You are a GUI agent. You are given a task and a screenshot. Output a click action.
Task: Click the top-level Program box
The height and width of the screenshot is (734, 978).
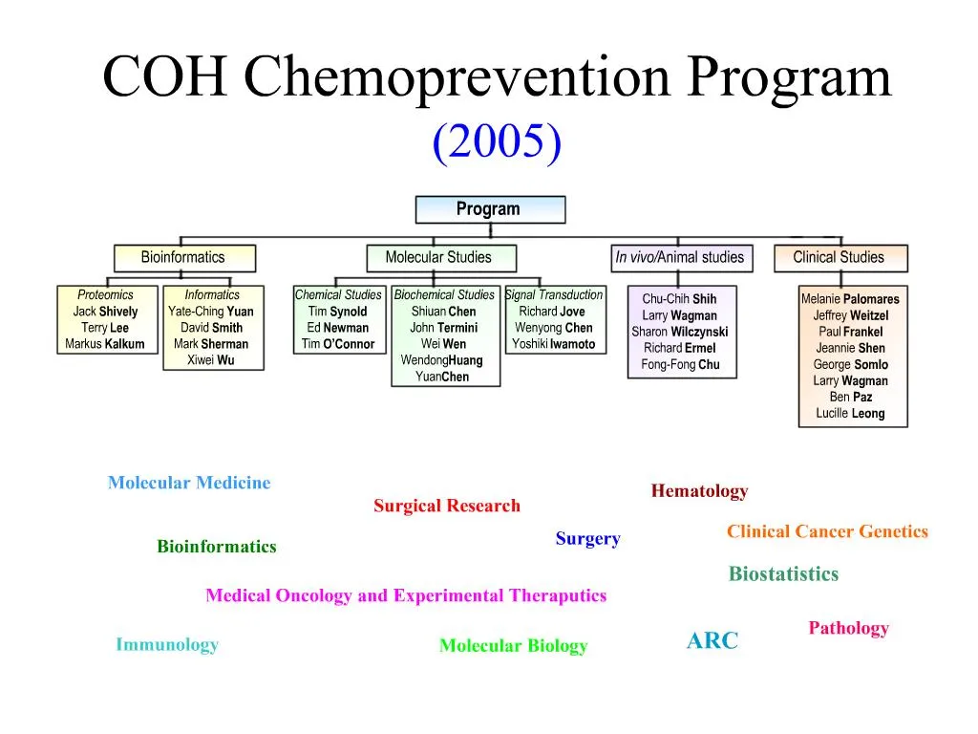coord(489,209)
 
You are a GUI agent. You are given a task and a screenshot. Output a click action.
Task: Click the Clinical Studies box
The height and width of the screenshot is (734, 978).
coord(839,257)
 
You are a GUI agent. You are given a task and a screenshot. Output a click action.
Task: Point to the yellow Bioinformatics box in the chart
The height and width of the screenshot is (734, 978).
coord(183,257)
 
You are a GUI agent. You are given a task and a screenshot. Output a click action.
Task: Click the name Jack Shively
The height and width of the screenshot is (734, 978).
coord(105,312)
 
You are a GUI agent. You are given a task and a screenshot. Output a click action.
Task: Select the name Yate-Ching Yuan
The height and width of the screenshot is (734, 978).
coord(211,312)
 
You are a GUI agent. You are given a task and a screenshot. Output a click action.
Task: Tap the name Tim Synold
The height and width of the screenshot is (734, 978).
coord(337,312)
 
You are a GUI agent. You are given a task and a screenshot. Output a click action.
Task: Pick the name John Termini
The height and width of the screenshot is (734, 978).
coord(444,328)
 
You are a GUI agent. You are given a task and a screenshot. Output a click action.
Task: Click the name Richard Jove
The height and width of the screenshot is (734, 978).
coord(552,312)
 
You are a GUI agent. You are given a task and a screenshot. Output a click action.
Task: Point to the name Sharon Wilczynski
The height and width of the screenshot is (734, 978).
coord(680,332)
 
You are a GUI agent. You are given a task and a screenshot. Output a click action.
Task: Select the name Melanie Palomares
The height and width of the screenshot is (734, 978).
coord(850,299)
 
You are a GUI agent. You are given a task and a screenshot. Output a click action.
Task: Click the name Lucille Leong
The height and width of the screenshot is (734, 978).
coord(850,414)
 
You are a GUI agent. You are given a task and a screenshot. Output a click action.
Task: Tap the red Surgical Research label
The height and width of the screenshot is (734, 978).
coord(447,506)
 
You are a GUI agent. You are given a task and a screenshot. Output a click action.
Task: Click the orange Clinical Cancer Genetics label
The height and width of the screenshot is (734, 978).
coord(827,531)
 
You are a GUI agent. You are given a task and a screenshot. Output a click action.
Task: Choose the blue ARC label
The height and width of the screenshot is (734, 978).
coord(712,641)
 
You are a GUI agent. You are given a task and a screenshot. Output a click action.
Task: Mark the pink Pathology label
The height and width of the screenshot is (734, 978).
coord(848,628)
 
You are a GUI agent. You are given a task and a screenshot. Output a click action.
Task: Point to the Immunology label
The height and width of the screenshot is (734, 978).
coord(167,644)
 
